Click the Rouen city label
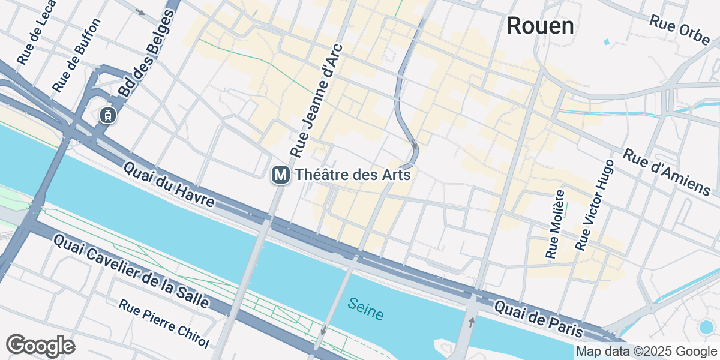coord(540,26)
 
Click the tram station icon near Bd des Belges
coord(107,115)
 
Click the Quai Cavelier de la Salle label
coord(131,271)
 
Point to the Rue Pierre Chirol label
coord(164,323)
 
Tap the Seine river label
coord(365,308)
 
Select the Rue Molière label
coord(556,224)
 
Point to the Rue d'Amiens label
coord(667,172)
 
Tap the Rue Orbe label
coord(680,29)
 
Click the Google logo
coord(40,346)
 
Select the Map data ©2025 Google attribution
coord(646,351)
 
